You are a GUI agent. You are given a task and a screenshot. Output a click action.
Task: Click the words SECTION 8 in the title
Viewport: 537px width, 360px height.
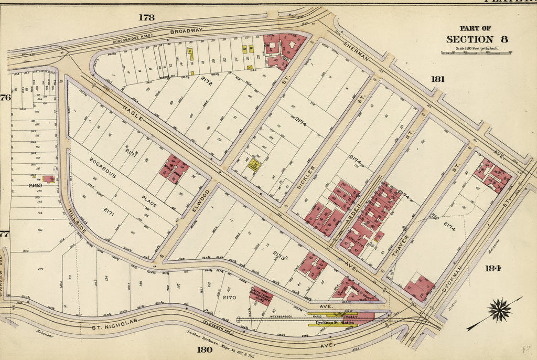(x=477, y=39)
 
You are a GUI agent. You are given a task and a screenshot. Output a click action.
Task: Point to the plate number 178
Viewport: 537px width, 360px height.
(x=146, y=17)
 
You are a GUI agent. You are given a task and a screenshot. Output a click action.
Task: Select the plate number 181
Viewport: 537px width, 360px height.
(x=437, y=79)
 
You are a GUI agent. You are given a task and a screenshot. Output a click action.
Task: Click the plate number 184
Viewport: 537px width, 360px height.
(x=492, y=268)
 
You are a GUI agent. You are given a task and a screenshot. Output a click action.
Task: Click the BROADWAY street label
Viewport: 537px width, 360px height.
(x=186, y=31)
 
